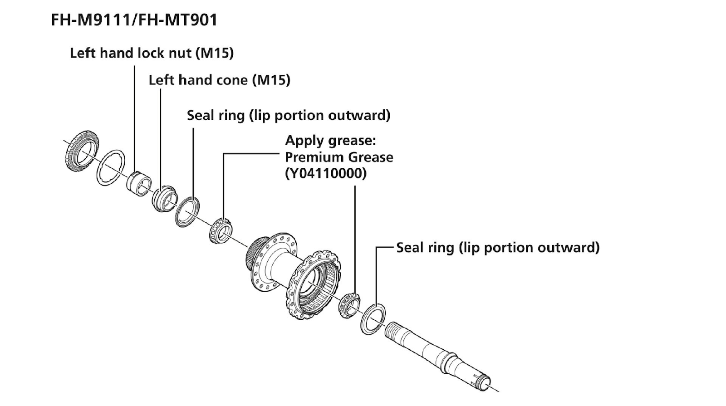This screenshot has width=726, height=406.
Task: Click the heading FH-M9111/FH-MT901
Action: click(134, 20)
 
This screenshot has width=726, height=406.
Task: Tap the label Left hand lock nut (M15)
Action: click(152, 53)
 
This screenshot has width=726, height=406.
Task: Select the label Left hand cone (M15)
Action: click(219, 80)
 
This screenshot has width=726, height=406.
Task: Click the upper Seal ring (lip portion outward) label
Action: click(289, 115)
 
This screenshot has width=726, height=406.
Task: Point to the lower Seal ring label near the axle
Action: click(498, 248)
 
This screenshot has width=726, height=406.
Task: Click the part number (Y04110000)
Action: click(325, 173)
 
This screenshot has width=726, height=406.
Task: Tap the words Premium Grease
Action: click(339, 157)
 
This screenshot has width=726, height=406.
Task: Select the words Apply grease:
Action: click(330, 141)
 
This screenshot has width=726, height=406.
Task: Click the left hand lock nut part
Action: click(138, 182)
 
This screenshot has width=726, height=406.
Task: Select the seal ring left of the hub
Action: click(188, 211)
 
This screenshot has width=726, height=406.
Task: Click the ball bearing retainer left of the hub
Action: click(221, 230)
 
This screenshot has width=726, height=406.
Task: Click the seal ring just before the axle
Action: click(373, 319)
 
